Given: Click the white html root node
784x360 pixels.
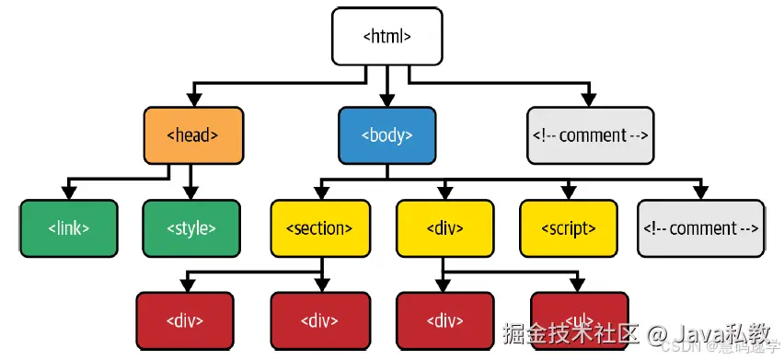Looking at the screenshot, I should pos(386,37).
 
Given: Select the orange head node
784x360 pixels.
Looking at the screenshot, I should pos(193,135).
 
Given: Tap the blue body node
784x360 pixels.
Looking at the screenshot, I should pos(386,135).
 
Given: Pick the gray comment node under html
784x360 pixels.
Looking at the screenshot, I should pos(590,135).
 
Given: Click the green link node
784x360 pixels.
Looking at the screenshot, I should pos(69,228).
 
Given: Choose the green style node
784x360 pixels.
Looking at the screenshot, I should pos(191,228).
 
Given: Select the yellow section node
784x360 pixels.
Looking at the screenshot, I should pos(319,228).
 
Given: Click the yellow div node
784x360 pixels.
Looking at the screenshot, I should pos(445,228).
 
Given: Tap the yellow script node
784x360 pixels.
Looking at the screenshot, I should pos(568,228).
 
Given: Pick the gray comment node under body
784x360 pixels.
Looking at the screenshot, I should pos(701,228).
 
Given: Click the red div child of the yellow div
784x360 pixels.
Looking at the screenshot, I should pos(444,320).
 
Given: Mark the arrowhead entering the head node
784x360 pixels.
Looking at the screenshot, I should pos(193,100).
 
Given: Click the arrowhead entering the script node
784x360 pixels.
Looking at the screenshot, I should pos(568,193).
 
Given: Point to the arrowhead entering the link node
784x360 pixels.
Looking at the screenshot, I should pos(69,193).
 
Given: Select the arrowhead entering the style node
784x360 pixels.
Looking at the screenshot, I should pos(191,193).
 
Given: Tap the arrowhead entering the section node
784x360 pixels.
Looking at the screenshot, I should pos(319,193).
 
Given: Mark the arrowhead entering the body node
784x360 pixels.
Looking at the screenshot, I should pos(386,100).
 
